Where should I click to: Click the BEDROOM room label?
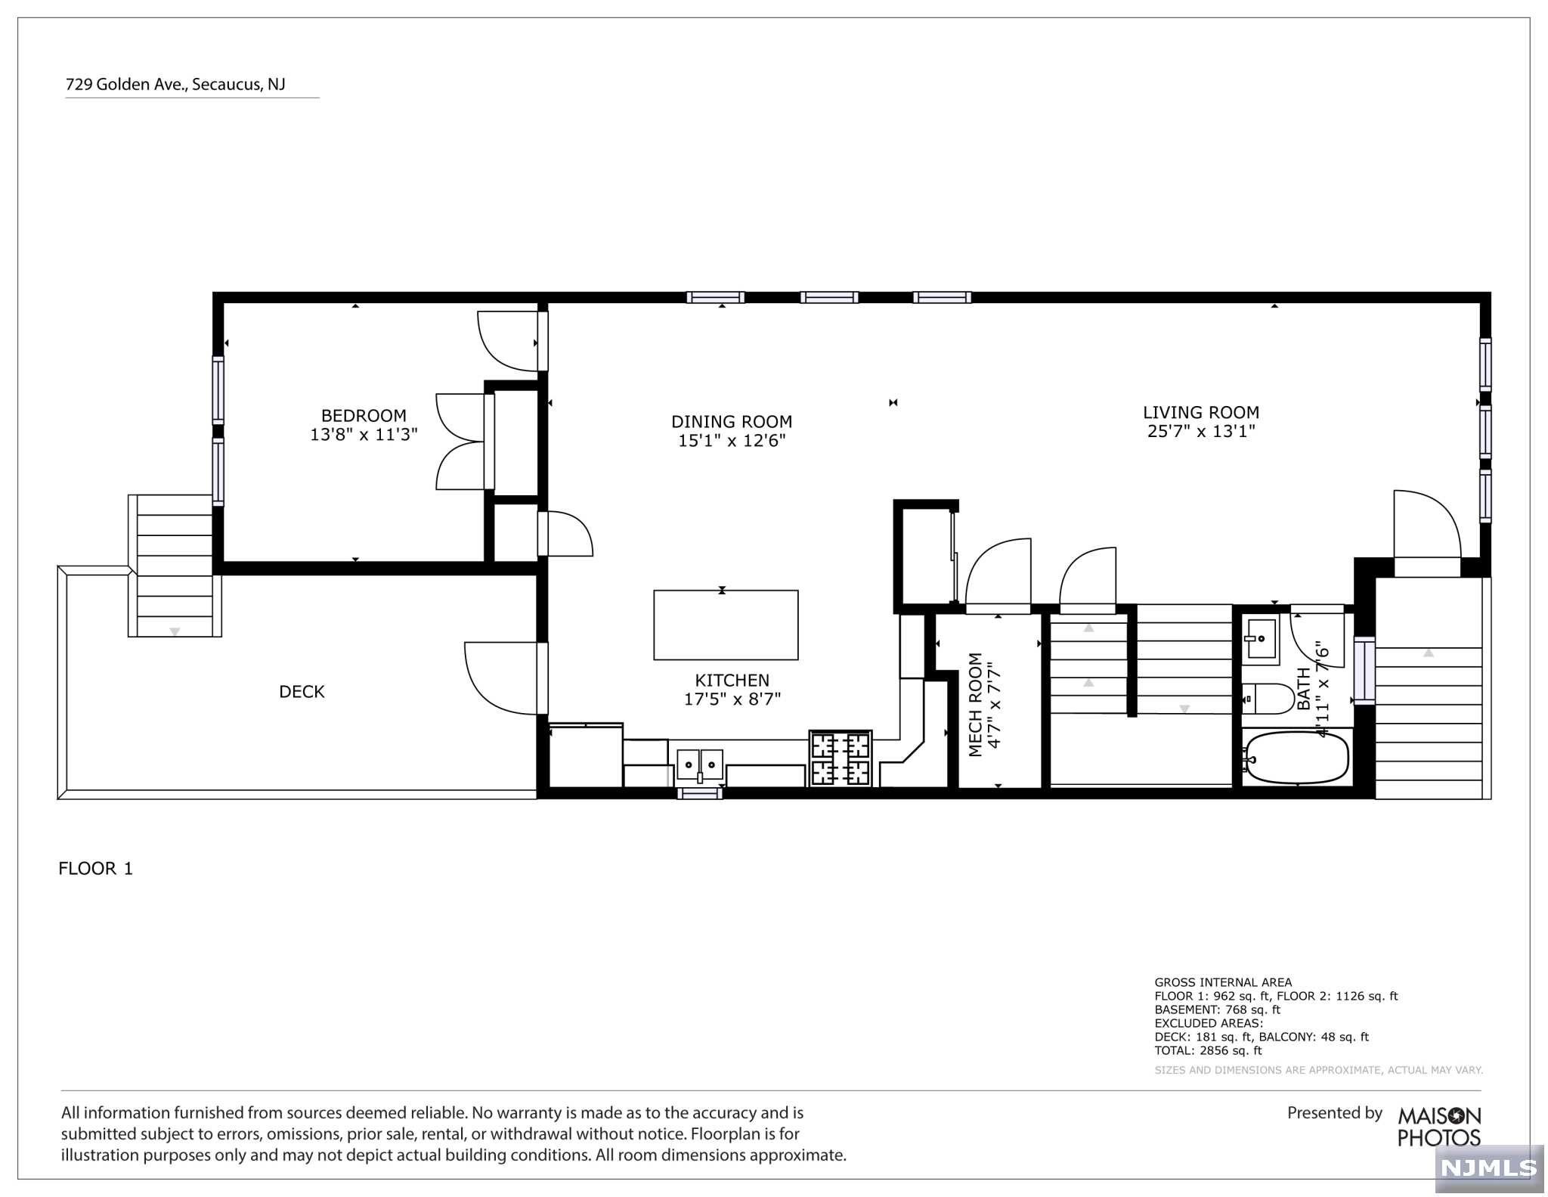364,415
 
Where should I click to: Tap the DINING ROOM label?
732,421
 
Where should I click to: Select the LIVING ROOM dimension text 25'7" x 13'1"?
1201,431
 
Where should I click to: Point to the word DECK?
302,691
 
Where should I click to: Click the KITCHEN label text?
732,680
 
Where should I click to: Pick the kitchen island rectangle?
726,625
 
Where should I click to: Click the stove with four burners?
841,758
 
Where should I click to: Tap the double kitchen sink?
700,764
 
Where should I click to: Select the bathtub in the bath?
1296,757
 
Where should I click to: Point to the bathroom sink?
1261,639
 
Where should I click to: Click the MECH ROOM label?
975,704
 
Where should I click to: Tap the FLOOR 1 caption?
96,868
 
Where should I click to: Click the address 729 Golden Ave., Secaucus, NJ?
175,84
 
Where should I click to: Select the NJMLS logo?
1489,1168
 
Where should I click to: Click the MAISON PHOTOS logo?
1439,1127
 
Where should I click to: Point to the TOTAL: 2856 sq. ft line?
1209,1050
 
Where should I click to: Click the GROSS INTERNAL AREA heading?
1223,982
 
